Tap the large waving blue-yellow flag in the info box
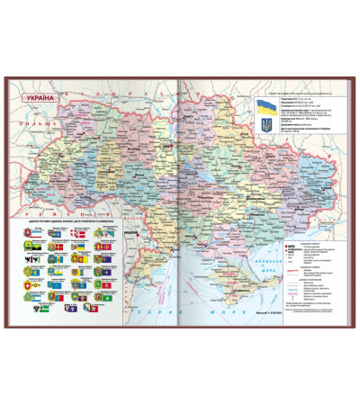point(266,106)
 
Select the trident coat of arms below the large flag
point(266,129)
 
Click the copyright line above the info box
point(297,92)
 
